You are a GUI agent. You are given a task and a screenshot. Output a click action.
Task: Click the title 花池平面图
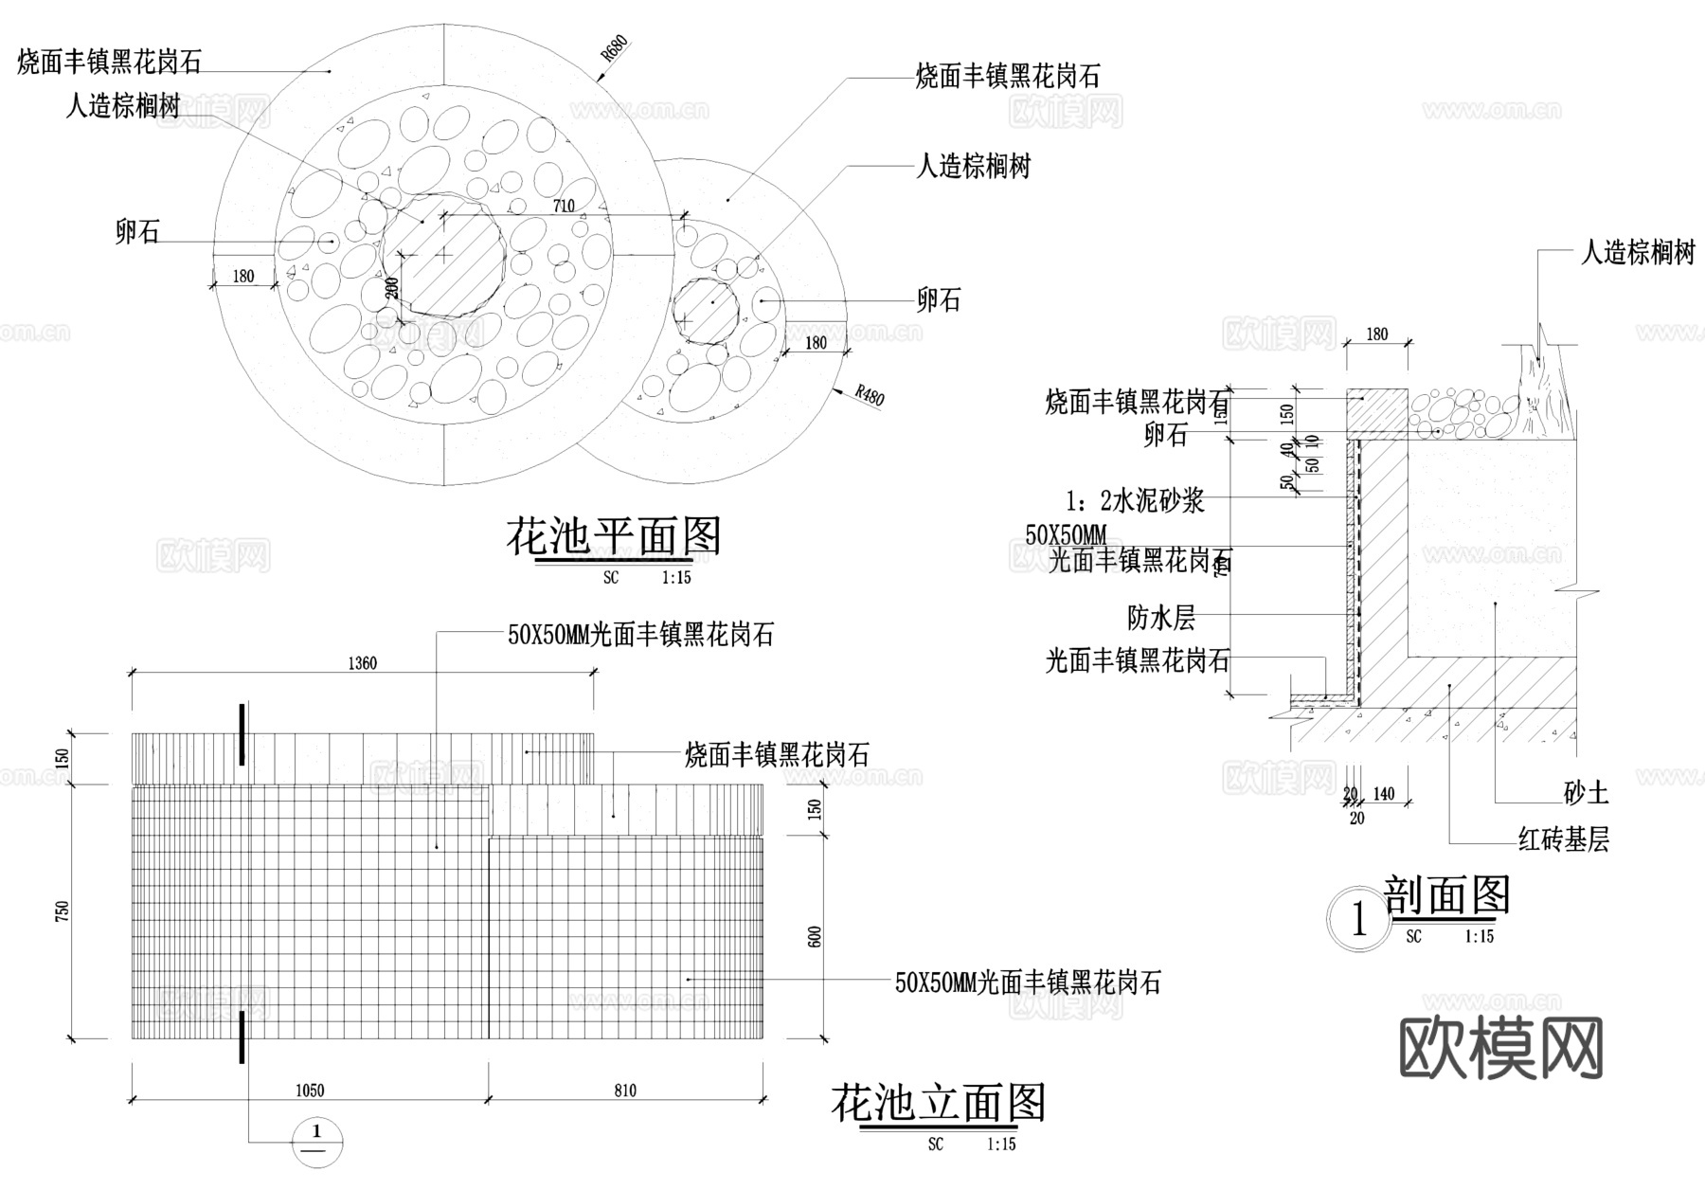pyautogui.click(x=614, y=537)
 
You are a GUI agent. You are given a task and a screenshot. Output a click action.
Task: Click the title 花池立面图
pyautogui.click(x=938, y=1104)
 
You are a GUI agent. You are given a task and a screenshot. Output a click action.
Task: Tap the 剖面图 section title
pyautogui.click(x=1446, y=895)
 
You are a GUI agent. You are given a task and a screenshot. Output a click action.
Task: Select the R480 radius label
pyautogui.click(x=869, y=395)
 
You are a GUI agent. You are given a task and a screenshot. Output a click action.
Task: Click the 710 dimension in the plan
pyautogui.click(x=564, y=206)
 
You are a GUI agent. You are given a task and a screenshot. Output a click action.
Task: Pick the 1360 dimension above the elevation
pyautogui.click(x=363, y=663)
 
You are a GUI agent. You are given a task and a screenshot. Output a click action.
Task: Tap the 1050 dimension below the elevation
pyautogui.click(x=310, y=1091)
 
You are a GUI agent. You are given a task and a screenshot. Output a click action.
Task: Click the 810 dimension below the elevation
pyautogui.click(x=625, y=1091)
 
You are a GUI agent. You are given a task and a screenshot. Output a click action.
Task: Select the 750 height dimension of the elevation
pyautogui.click(x=63, y=911)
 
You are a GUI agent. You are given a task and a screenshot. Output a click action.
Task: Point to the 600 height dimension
pyautogui.click(x=815, y=937)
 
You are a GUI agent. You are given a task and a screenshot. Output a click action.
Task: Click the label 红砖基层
pyautogui.click(x=1563, y=839)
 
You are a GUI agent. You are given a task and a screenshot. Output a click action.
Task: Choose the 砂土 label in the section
pyautogui.click(x=1586, y=793)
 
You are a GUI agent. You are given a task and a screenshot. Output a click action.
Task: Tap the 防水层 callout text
pyautogui.click(x=1161, y=618)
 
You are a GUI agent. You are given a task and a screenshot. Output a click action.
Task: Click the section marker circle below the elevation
pyautogui.click(x=317, y=1141)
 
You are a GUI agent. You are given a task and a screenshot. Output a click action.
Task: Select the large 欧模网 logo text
pyautogui.click(x=1500, y=1048)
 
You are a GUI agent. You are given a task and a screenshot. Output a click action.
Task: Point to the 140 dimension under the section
pyautogui.click(x=1384, y=794)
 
